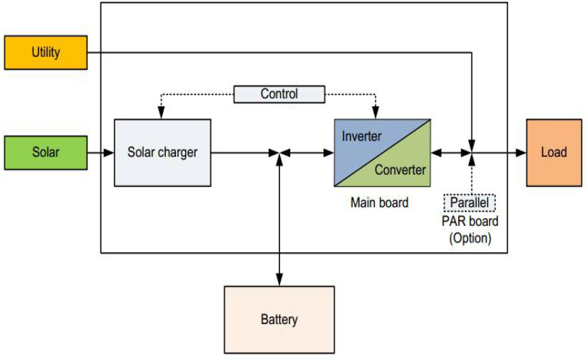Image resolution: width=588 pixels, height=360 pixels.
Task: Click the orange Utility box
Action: pos(46,52)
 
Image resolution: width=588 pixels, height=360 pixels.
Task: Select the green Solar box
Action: pos(46,152)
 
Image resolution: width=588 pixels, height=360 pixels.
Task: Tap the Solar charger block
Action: pos(162,152)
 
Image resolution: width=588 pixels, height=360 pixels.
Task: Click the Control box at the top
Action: pos(279,94)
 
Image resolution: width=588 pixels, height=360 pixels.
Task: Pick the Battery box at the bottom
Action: pos(279,319)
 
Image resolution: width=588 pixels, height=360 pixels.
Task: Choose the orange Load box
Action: pos(553,152)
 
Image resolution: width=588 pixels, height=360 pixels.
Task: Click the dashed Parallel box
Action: pos(470,202)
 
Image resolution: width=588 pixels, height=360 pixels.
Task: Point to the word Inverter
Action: pos(361,136)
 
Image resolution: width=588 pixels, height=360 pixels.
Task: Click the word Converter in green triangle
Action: pos(401,170)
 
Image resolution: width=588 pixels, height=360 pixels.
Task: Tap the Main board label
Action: pos(379,202)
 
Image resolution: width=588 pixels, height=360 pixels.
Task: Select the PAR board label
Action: pos(470,221)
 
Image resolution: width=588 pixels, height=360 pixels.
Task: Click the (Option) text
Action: pos(470,238)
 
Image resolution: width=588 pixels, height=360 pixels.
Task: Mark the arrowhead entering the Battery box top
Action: pos(279,281)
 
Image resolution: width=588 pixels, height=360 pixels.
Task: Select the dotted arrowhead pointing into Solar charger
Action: pos(161,114)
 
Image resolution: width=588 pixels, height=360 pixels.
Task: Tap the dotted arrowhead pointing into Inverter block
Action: pos(377,114)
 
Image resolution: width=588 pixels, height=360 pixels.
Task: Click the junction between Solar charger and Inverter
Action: pos(279,154)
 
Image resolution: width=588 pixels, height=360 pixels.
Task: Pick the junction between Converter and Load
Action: pos(472,154)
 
